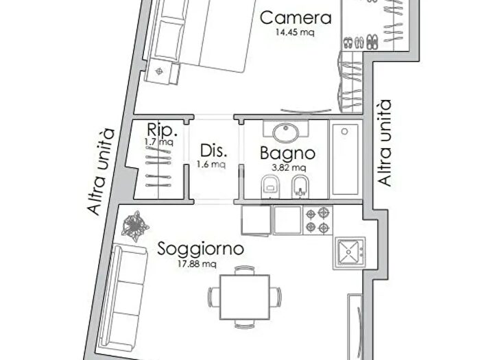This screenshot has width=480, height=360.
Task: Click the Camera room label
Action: pos(296,18)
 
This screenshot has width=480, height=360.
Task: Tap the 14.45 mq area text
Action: pos(296,32)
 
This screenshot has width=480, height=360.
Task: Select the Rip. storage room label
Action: pos(163,130)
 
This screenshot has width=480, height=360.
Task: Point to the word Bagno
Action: pos(287,154)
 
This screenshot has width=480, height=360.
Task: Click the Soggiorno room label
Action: pos(200,249)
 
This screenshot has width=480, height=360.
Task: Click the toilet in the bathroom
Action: pos(270,184)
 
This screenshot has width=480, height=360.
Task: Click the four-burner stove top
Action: pos(318,220)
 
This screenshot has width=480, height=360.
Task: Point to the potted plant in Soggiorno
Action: pos(133,226)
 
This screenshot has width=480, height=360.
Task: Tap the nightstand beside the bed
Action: pos(160,69)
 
